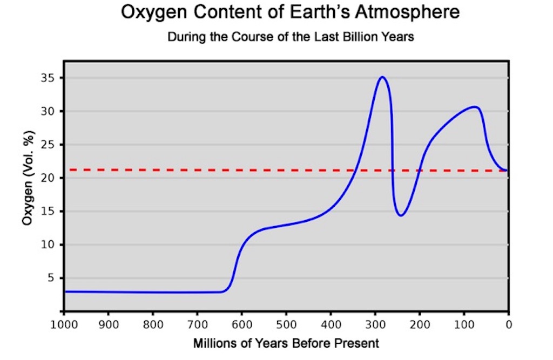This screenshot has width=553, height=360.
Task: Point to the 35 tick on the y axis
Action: (50, 78)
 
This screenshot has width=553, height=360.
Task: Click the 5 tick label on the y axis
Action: (53, 278)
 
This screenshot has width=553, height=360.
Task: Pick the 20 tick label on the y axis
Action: (50, 178)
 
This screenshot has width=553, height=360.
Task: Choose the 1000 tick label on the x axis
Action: (64, 325)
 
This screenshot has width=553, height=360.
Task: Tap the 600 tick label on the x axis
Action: (241, 325)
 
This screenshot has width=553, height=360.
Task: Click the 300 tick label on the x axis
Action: (375, 325)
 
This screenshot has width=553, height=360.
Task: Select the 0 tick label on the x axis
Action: (508, 325)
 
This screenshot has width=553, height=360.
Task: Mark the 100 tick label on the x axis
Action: (463, 325)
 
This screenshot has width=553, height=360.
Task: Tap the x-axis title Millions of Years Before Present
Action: (286, 343)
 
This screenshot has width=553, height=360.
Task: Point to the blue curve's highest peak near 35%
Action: (382, 77)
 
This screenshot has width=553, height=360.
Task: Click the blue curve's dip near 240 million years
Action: (401, 215)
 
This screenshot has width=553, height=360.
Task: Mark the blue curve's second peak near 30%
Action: (474, 107)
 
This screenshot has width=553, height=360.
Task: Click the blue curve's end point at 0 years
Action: (507, 171)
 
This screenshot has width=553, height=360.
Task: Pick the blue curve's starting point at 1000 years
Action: (65, 291)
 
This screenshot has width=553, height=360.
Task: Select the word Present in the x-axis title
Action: (360, 343)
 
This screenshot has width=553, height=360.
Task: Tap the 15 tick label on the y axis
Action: (50, 211)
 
